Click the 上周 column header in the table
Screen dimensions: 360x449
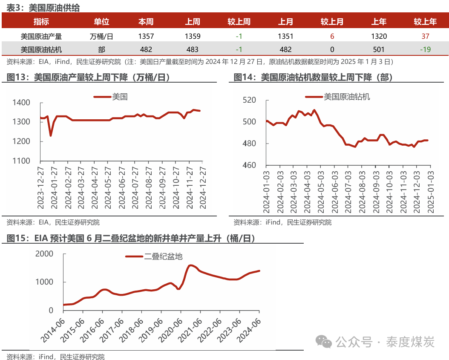point(193,22)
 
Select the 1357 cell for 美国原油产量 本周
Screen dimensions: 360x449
point(146,36)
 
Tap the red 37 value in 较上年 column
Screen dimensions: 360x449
point(425,36)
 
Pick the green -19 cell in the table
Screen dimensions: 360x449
point(425,49)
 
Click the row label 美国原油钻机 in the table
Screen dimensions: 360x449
point(41,49)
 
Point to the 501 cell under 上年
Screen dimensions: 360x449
point(379,49)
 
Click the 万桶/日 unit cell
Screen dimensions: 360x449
point(102,36)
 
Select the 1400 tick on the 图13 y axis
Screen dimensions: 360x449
point(22,103)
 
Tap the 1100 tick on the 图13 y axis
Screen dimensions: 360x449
point(22,161)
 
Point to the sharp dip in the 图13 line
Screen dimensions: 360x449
point(51,135)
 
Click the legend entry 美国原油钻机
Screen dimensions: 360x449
point(346,97)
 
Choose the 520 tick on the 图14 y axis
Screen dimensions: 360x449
point(249,100)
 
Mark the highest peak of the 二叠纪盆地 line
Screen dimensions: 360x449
point(191,265)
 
